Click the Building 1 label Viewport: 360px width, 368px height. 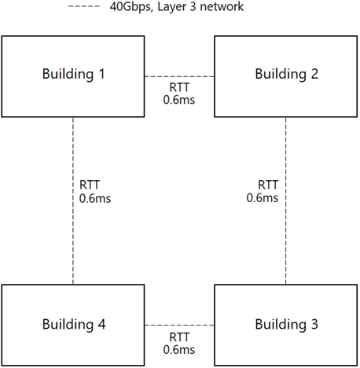[74, 74]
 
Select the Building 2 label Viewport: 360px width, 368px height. [287, 74]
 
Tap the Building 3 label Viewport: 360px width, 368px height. [287, 325]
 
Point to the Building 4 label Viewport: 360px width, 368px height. [74, 325]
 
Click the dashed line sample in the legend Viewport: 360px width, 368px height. [84, 6]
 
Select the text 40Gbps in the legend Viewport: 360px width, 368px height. [130, 7]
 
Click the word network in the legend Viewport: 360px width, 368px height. [222, 6]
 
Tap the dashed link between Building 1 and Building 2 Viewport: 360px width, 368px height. [179, 76]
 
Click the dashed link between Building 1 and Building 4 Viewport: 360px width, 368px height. [73, 201]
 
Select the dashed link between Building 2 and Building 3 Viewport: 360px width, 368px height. [286, 201]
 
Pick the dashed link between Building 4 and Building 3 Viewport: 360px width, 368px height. [179, 325]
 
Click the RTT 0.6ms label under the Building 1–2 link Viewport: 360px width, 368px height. [179, 94]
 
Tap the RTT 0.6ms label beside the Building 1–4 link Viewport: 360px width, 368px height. [95, 192]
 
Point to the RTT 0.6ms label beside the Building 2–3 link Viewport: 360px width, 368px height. [263, 192]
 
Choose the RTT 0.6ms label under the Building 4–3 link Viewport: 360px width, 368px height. [179, 344]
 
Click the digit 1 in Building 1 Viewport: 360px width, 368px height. [101, 74]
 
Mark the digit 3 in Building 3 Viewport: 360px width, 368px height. [314, 324]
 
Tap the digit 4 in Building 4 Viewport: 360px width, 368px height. [101, 324]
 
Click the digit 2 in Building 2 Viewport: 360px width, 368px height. [314, 74]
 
